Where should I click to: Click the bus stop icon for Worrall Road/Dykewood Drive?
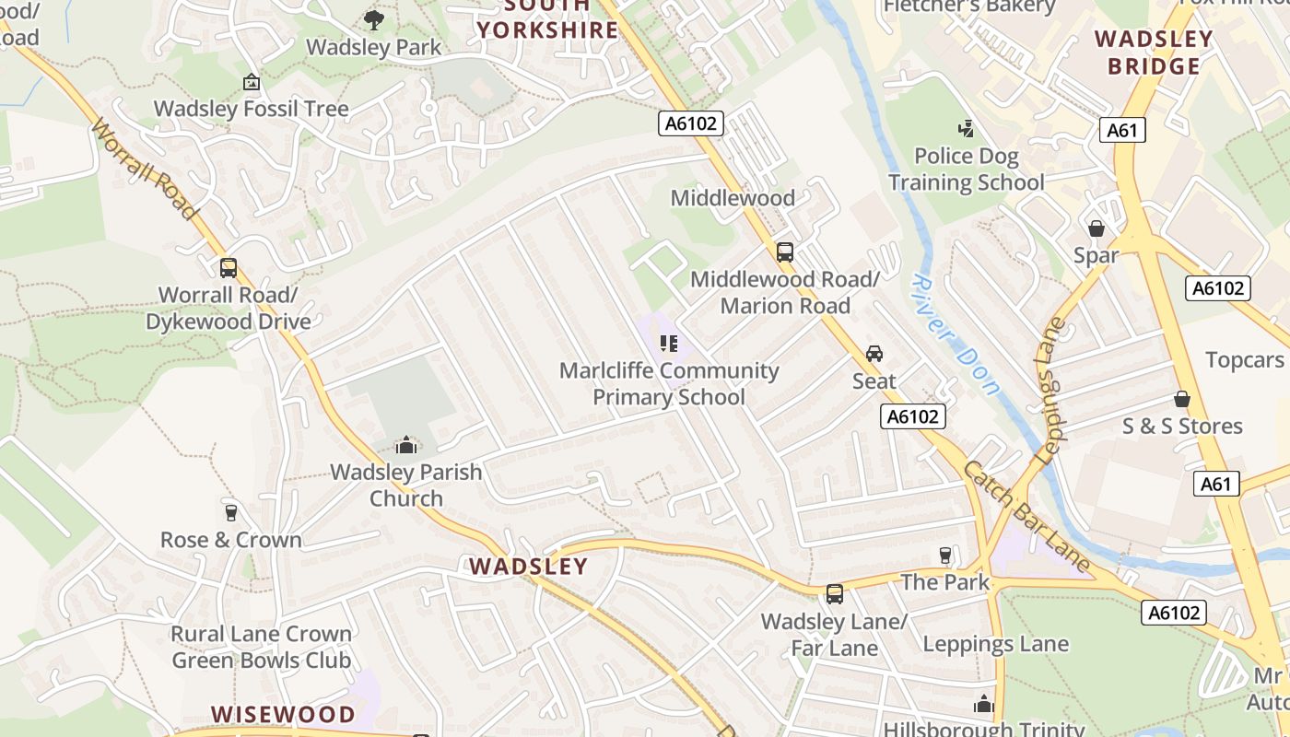(x=228, y=268)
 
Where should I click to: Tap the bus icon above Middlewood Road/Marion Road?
(x=785, y=252)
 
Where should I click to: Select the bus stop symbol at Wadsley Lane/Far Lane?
(x=835, y=594)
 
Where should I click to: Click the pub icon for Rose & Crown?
(x=231, y=512)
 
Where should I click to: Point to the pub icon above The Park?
(x=944, y=555)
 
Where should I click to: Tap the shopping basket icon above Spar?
(x=1096, y=228)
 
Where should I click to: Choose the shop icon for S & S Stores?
(x=1182, y=399)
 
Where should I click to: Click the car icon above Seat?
(x=874, y=353)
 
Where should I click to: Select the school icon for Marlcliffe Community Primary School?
(x=669, y=344)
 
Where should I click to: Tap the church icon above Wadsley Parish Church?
(x=406, y=446)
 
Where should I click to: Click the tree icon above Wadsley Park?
(x=374, y=19)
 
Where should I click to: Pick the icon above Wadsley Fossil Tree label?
(x=252, y=82)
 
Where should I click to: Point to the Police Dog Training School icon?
(x=967, y=128)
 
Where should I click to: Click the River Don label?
(x=956, y=334)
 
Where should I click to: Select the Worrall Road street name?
(x=146, y=171)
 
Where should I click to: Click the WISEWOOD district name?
(x=283, y=714)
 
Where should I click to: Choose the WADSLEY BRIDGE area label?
(x=1154, y=53)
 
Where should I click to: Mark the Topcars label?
(x=1245, y=359)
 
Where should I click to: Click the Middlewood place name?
(x=733, y=198)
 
